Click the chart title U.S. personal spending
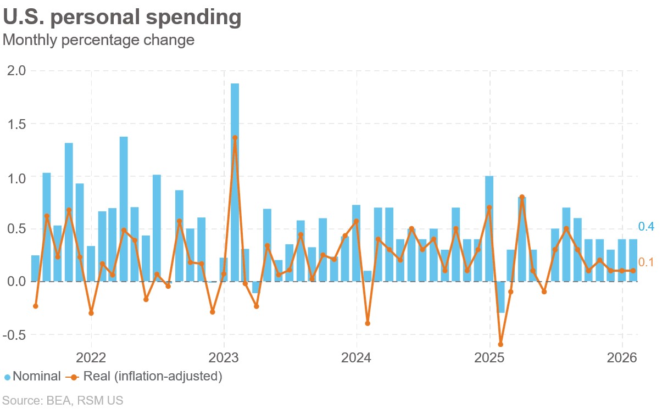point(122,18)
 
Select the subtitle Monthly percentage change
point(98,40)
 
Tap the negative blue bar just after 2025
point(500,297)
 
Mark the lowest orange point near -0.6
point(500,345)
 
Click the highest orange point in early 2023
point(235,138)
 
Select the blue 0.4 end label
point(646,227)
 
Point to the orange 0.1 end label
point(646,262)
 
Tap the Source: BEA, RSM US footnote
point(63,400)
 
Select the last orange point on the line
point(633,271)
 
